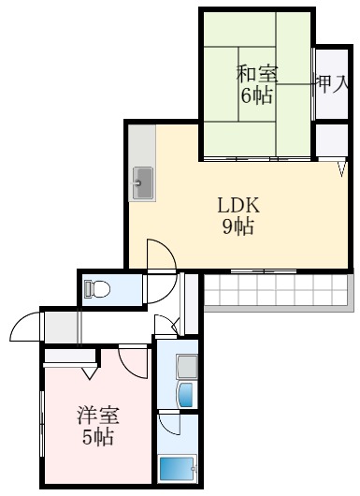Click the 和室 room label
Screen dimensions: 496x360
click(x=257, y=72)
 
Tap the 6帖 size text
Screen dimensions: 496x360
click(x=257, y=95)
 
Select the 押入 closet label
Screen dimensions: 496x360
click(x=331, y=83)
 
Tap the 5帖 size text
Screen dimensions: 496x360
click(x=96, y=438)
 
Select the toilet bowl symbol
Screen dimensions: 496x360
click(x=97, y=289)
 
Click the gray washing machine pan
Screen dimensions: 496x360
click(x=185, y=366)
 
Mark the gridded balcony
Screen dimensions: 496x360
click(x=278, y=292)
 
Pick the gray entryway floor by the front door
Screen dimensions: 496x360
click(x=61, y=327)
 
